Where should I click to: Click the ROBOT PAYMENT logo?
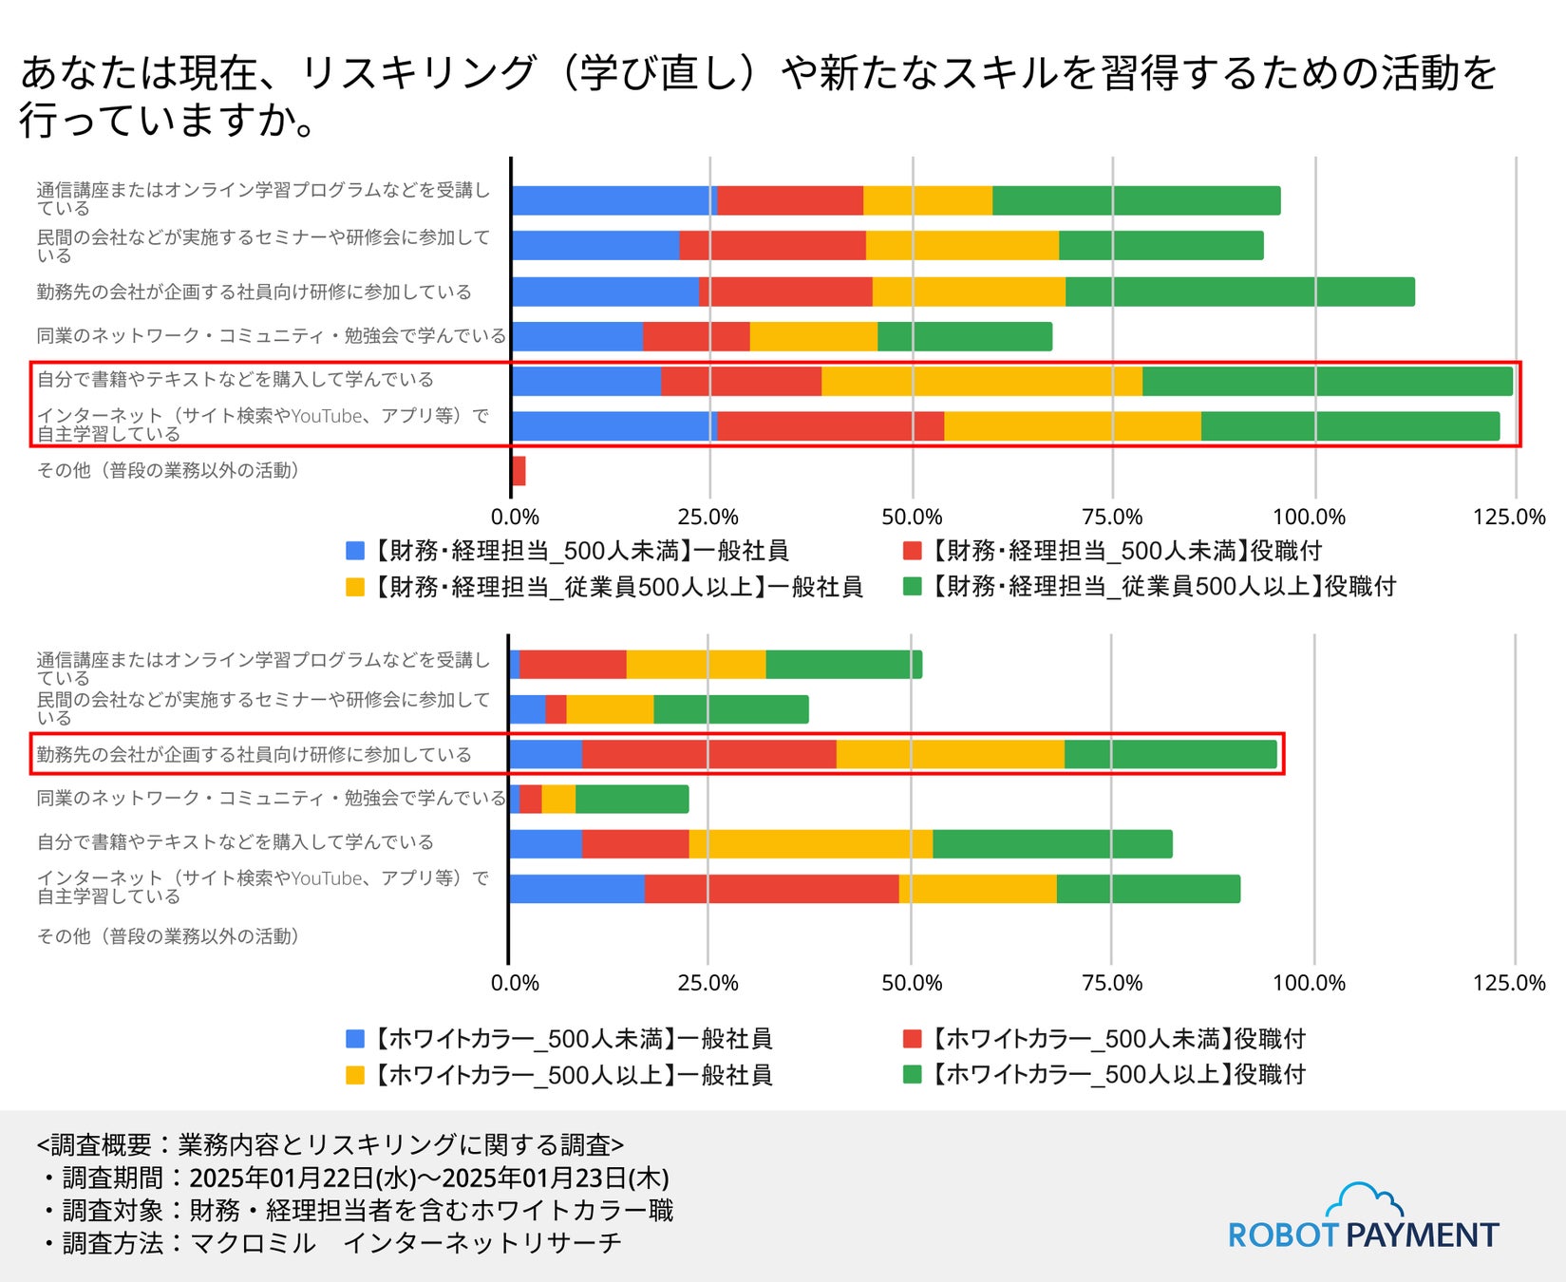coord(1363,1219)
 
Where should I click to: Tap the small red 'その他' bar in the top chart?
coord(519,471)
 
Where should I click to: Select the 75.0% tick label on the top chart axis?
coord(1112,518)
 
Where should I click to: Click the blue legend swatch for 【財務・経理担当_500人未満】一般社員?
coord(355,551)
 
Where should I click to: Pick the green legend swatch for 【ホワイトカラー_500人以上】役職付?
coord(913,1075)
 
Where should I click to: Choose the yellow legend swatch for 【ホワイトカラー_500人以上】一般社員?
coord(355,1075)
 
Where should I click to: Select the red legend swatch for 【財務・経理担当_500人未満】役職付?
coord(913,551)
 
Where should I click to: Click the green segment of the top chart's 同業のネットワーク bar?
coord(965,337)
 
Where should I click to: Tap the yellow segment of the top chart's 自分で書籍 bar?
coord(981,381)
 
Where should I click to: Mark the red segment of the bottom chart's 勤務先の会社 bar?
coord(708,754)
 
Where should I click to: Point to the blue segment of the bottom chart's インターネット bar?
coord(576,889)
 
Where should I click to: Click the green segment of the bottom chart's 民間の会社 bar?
coord(731,709)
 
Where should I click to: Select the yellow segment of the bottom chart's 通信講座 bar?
coord(696,665)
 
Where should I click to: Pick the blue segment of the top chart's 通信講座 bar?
coord(613,201)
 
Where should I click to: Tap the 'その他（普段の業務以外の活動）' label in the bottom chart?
coord(169,936)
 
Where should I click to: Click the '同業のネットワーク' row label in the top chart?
coord(271,335)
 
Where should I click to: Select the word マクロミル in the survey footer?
coord(253,1243)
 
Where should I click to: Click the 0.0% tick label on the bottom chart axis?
coord(515,983)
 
